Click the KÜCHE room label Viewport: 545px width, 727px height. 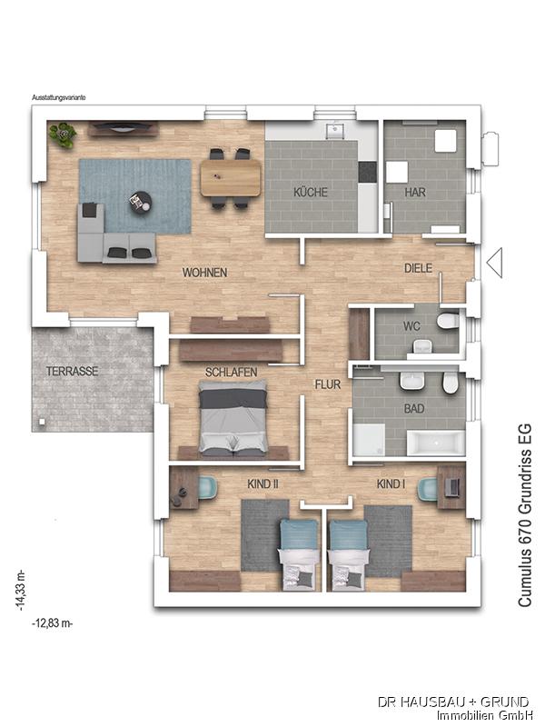pyautogui.click(x=310, y=192)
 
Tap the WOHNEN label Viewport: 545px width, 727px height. pyautogui.click(x=204, y=273)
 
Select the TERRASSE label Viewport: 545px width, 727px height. pyautogui.click(x=72, y=372)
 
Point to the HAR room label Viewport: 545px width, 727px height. pyautogui.click(x=415, y=192)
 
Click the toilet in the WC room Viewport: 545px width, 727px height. pyautogui.click(x=448, y=321)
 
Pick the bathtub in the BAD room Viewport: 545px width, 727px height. pyautogui.click(x=436, y=443)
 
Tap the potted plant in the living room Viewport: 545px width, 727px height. pyautogui.click(x=63, y=134)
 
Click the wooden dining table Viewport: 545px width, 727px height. pyautogui.click(x=231, y=178)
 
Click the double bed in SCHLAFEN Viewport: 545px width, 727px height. pyautogui.click(x=233, y=416)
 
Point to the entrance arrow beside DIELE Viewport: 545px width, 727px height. pyautogui.click(x=494, y=263)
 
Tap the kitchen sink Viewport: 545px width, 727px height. pyautogui.click(x=334, y=131)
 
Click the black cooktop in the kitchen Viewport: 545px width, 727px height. pyautogui.click(x=368, y=172)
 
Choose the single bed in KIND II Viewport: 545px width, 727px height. pyautogui.click(x=300, y=555)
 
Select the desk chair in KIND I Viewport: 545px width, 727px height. pyautogui.click(x=427, y=489)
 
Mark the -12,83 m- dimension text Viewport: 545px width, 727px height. pyautogui.click(x=53, y=623)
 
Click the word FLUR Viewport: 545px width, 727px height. pyautogui.click(x=328, y=384)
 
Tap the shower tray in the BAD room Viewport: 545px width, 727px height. pyautogui.click(x=369, y=440)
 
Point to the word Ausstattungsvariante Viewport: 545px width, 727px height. pyautogui.click(x=59, y=98)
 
